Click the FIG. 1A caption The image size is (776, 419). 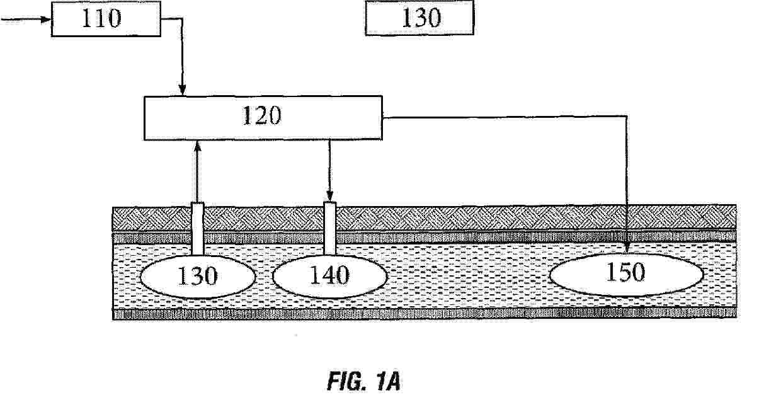[x=364, y=381]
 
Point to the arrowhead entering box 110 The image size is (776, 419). [x=46, y=19]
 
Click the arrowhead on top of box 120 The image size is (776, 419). [x=182, y=89]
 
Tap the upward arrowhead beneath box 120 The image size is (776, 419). [x=198, y=146]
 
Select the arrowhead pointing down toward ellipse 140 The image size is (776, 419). [x=330, y=195]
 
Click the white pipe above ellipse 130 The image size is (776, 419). [x=198, y=229]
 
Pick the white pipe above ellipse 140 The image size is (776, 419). [x=330, y=228]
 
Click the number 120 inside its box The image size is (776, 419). [x=262, y=115]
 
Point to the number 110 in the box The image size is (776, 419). [x=101, y=18]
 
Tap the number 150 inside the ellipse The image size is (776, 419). [x=625, y=272]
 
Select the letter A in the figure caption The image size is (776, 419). [x=393, y=381]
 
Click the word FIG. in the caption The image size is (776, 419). [x=347, y=381]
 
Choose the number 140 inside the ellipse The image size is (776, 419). [x=329, y=275]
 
